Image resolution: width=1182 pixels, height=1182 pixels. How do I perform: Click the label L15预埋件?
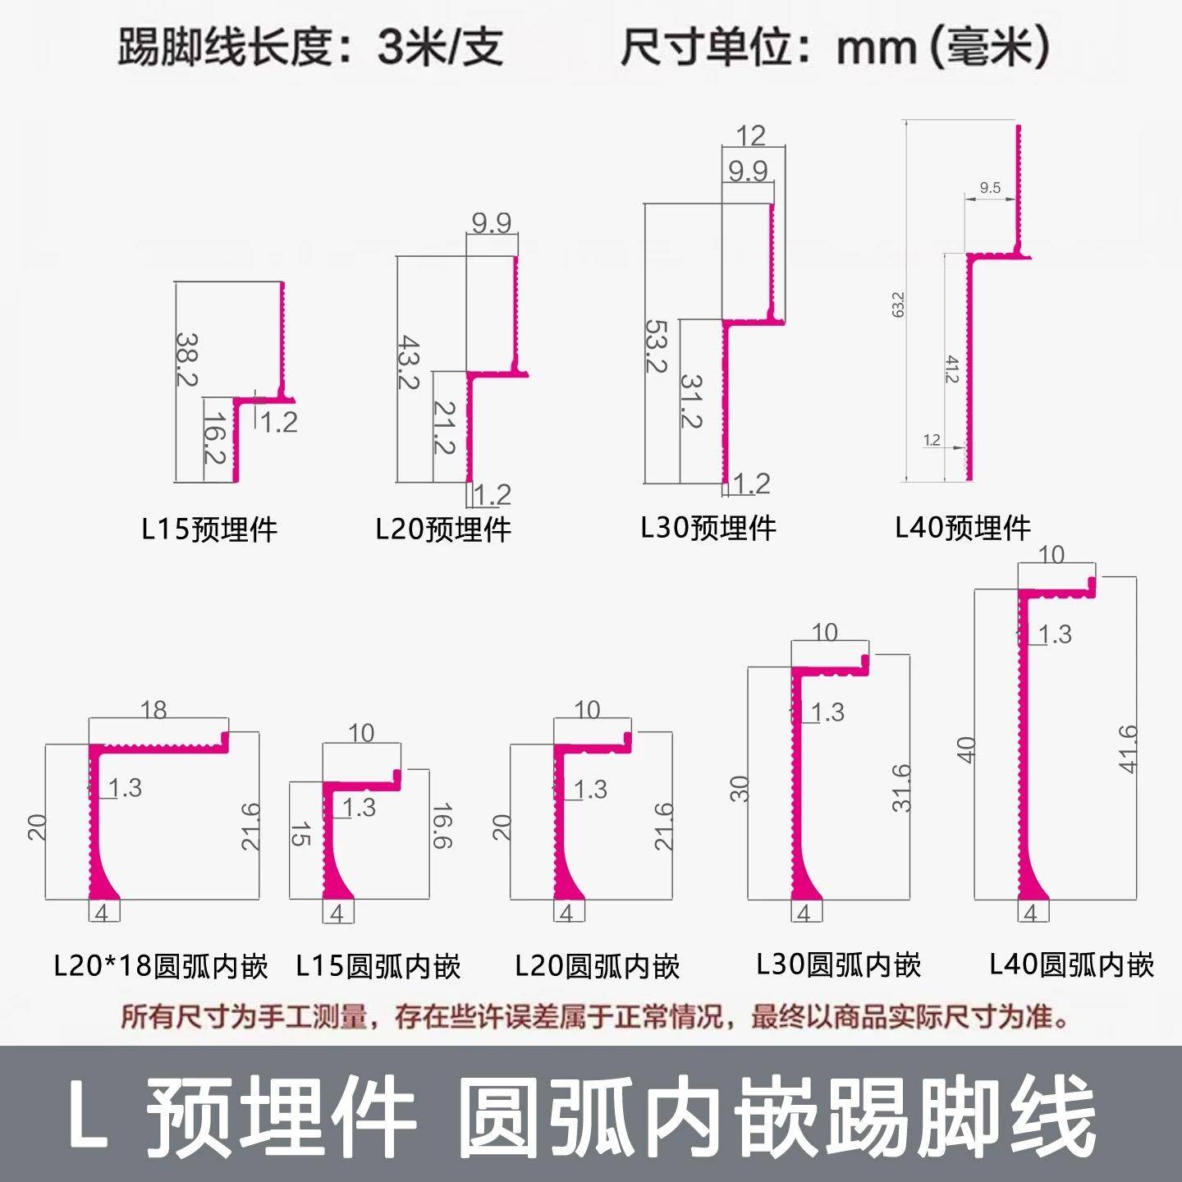[x=209, y=529]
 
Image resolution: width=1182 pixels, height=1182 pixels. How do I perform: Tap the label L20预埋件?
[x=443, y=529]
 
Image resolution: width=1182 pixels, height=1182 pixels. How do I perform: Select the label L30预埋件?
[x=708, y=528]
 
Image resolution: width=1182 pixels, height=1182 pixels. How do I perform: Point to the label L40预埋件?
[x=963, y=528]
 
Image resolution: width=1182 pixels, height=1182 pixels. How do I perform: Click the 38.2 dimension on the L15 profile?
[x=188, y=359]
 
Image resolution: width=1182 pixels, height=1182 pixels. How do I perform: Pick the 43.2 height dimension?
[x=410, y=361]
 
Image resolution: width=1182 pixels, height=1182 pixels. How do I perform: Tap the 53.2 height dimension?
[x=657, y=346]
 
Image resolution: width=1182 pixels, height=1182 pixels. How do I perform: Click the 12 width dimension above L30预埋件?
[x=751, y=135]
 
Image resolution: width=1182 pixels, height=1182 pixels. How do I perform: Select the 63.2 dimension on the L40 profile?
[x=898, y=304]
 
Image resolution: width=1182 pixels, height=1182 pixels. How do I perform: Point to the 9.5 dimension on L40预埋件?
[x=990, y=188]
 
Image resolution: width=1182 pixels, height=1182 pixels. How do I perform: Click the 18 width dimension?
[x=153, y=709]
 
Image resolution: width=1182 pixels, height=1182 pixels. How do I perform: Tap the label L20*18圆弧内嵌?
[x=161, y=966]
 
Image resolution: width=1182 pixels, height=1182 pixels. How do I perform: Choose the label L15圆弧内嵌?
[x=378, y=966]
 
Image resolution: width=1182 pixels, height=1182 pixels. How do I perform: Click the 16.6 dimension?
[x=441, y=826]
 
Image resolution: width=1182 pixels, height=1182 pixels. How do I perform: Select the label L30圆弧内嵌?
[x=839, y=964]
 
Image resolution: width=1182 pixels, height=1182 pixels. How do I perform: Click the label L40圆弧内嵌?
[x=1072, y=964]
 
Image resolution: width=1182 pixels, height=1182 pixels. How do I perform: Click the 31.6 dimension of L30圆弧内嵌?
[x=901, y=788]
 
